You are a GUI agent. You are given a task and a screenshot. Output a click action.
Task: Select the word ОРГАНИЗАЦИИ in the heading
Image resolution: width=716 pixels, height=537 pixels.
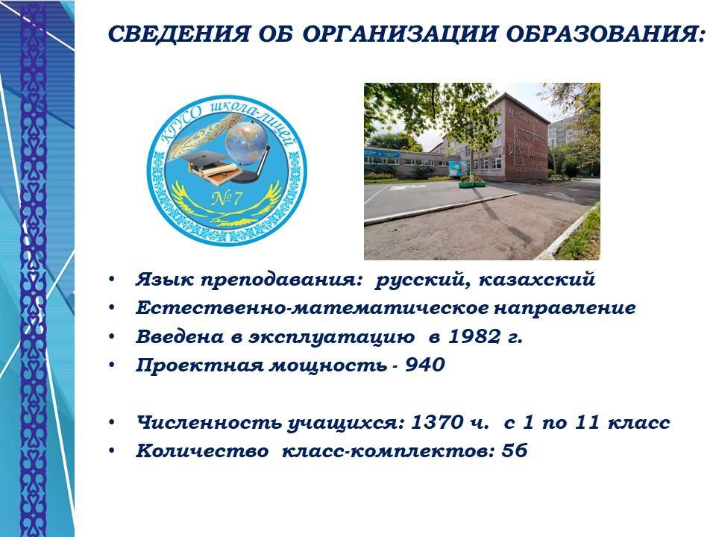[398, 34]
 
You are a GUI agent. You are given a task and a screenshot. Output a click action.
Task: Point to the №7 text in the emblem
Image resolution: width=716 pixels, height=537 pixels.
[227, 198]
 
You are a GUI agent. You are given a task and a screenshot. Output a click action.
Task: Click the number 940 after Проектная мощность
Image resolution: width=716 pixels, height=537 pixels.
[425, 365]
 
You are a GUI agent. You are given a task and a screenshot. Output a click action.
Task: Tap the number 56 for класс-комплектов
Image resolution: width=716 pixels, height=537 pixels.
[515, 450]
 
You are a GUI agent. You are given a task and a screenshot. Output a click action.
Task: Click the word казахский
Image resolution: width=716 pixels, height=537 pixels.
[537, 279]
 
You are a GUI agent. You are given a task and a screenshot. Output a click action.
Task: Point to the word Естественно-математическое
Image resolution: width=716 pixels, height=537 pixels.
[312, 308]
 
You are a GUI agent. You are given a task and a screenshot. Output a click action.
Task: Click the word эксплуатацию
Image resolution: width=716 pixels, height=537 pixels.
[331, 337]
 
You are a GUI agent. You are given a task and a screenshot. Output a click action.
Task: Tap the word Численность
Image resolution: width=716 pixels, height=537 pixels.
[209, 422]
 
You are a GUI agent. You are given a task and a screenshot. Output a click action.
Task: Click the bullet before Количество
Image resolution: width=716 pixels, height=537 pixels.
[112, 450]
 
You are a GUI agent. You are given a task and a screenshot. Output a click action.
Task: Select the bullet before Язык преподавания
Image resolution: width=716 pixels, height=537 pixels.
[112, 280]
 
